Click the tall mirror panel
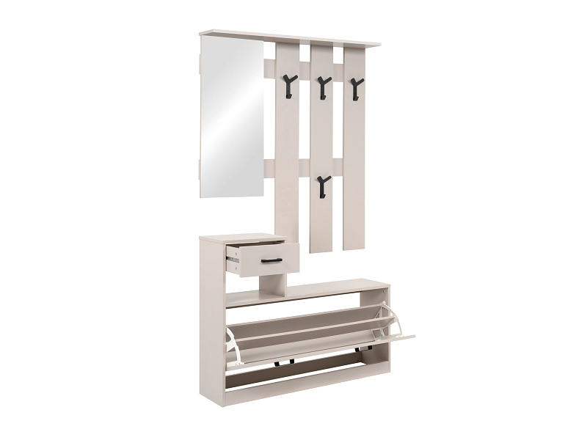(x=232, y=117)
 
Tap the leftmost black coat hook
(x=288, y=85)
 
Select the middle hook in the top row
(x=324, y=87)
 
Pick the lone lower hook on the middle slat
(x=324, y=186)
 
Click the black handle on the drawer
(x=271, y=260)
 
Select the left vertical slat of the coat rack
(x=288, y=161)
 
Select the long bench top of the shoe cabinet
(x=316, y=288)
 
